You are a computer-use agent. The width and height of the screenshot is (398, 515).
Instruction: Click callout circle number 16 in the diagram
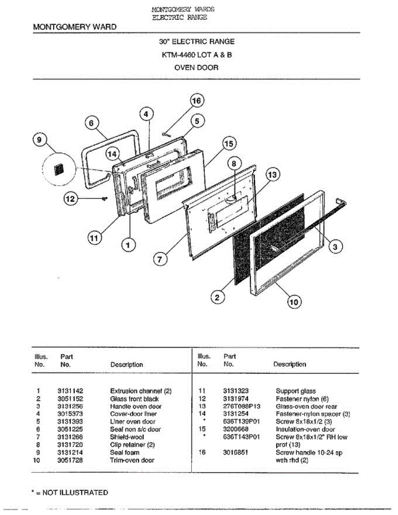pyautogui.click(x=196, y=101)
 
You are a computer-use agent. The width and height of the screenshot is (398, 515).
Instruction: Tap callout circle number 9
pyautogui.click(x=39, y=140)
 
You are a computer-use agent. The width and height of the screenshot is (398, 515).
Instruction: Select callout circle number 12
pyautogui.click(x=70, y=199)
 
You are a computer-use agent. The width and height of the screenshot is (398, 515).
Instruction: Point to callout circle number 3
pyautogui.click(x=336, y=246)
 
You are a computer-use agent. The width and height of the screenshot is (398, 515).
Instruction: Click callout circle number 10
pyautogui.click(x=294, y=302)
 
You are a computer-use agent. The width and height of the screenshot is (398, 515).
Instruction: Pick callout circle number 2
pyautogui.click(x=218, y=297)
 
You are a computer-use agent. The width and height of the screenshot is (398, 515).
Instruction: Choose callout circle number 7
pyautogui.click(x=160, y=260)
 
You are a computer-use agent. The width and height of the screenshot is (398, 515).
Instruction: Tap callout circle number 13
pyautogui.click(x=272, y=175)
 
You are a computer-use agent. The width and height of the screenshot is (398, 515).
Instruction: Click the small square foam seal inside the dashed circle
pyautogui.click(x=58, y=169)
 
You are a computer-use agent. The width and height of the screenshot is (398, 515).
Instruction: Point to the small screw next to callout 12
pyautogui.click(x=104, y=198)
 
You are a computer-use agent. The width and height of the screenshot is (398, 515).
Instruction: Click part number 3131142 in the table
pyautogui.click(x=70, y=391)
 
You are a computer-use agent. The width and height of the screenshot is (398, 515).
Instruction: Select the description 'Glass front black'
pyautogui.click(x=134, y=399)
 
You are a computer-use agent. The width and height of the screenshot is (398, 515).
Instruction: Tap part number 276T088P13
pyautogui.click(x=241, y=406)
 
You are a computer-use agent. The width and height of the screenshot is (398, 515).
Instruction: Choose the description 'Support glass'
pyautogui.click(x=295, y=391)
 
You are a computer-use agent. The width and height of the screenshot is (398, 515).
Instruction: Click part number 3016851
pyautogui.click(x=236, y=453)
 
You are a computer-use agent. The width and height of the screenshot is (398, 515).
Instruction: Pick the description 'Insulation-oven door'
pyautogui.click(x=305, y=430)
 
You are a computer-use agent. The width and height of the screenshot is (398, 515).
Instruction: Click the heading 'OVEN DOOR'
pyautogui.click(x=196, y=67)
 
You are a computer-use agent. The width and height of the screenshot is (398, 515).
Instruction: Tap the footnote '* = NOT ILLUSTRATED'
pyautogui.click(x=70, y=493)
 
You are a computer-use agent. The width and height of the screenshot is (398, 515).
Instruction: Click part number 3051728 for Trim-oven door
pyautogui.click(x=70, y=460)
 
